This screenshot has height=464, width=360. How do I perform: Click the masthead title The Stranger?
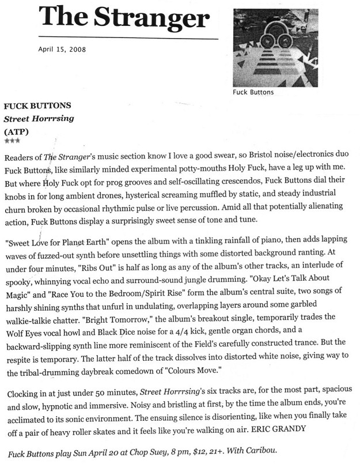(124, 19)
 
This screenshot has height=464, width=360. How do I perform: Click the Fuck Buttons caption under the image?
(253, 92)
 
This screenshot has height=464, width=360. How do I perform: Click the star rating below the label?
(12, 141)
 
